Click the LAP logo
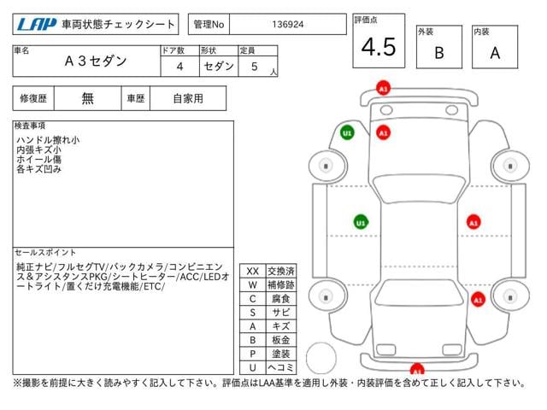coord(37,24)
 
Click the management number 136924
coord(288,25)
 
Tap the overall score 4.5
coord(379,47)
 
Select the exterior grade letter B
coord(439,53)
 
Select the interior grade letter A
coord(495,53)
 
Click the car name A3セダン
coord(96,61)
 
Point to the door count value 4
coord(179,67)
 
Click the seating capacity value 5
coord(255,67)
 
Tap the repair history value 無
coord(87,98)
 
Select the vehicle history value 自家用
coord(188,99)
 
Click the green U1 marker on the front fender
coord(347,133)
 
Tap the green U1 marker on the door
coord(361,222)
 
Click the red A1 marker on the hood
coord(384,133)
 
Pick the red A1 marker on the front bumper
coord(383,89)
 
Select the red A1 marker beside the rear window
coord(478,300)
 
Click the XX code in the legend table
coord(253,272)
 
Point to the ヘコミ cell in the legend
coord(281,367)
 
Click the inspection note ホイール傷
coord(38,160)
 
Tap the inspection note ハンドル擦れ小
coord(48,140)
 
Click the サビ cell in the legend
coord(281,313)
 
